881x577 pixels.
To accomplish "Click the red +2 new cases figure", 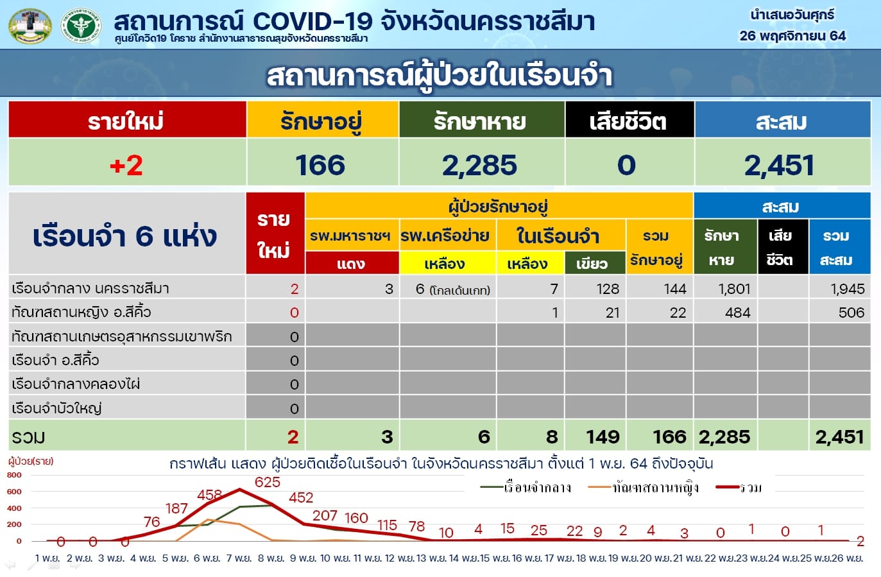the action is coord(126,166).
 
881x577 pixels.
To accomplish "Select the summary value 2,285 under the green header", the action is coord(479,166).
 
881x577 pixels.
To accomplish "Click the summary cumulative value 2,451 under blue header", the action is coord(779,166).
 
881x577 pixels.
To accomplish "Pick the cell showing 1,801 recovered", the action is coord(734,289).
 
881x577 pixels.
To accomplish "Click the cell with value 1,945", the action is coord(848,289).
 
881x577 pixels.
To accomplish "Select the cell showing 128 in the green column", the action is coord(608,289).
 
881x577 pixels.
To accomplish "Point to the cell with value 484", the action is coord(738,313).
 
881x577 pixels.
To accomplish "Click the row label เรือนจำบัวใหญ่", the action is coord(57,408).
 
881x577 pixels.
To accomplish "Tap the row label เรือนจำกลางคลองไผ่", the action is coord(76,384).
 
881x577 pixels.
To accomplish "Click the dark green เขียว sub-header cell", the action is coord(595,263).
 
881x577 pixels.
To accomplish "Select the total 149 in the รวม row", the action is coord(603,437).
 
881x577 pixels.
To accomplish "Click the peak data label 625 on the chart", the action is coord(268,482).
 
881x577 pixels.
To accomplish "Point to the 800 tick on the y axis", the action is coord(14,475).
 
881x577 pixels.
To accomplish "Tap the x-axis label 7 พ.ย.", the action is coord(239,558).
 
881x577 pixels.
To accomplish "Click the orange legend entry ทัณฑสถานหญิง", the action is coord(644,488).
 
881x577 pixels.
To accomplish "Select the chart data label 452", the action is coord(301,497).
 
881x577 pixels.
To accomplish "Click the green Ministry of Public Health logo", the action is coord(81,26).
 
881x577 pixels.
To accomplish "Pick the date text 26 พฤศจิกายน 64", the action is coord(792,36).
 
